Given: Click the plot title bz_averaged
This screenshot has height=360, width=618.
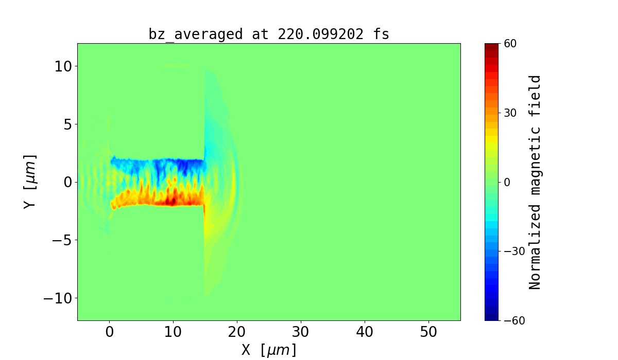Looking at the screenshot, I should [x=195, y=34].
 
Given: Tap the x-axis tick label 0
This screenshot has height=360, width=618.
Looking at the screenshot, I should [x=109, y=332].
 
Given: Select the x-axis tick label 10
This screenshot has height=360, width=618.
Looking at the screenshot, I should [x=173, y=332].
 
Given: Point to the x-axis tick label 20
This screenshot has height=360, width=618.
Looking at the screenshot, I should [x=237, y=332].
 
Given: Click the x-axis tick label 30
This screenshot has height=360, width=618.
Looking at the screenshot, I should [x=301, y=332].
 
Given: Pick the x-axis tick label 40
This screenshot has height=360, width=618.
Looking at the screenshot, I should [x=365, y=332].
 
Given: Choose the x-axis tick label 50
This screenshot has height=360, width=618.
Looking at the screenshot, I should [x=428, y=332].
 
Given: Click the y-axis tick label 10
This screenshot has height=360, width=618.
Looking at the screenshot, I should [x=62, y=66].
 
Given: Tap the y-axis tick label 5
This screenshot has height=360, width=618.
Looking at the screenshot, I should [x=67, y=124].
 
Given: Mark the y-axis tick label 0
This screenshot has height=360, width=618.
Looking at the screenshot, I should [x=67, y=182].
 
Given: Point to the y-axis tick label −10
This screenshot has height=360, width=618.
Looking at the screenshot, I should [x=58, y=298].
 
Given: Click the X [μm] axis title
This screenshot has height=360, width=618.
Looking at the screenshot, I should [x=269, y=350].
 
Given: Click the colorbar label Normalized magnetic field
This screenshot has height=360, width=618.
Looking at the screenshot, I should [x=535, y=182].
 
